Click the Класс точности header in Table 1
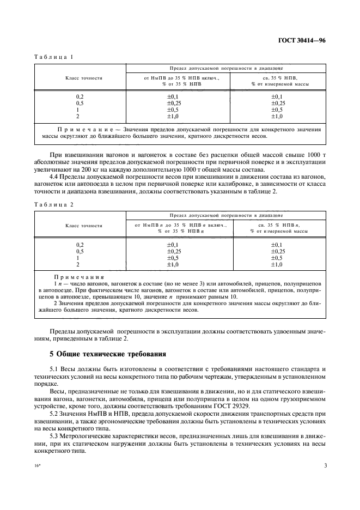coord(81,78)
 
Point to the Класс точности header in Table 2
coord(81,225)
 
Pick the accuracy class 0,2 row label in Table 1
coord(80,96)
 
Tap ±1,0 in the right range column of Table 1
coord(277,116)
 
